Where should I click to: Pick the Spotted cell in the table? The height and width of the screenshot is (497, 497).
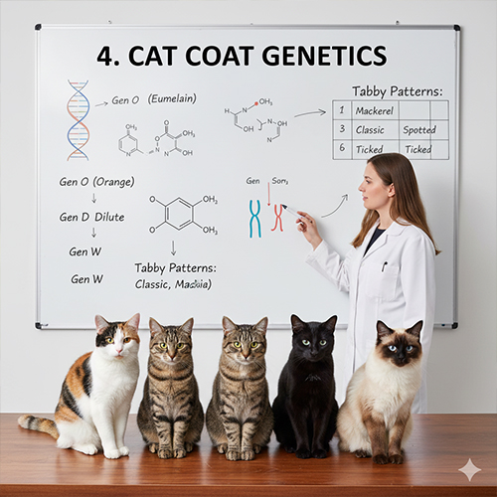(x=418, y=130)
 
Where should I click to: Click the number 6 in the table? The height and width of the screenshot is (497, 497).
(x=340, y=148)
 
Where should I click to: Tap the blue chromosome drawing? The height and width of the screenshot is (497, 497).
(x=254, y=218)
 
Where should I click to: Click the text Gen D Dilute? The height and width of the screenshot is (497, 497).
(x=88, y=217)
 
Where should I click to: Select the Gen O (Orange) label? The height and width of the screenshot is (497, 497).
(x=96, y=181)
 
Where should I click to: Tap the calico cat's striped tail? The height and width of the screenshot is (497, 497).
(x=38, y=426)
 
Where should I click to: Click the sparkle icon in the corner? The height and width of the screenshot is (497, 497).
(x=469, y=469)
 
